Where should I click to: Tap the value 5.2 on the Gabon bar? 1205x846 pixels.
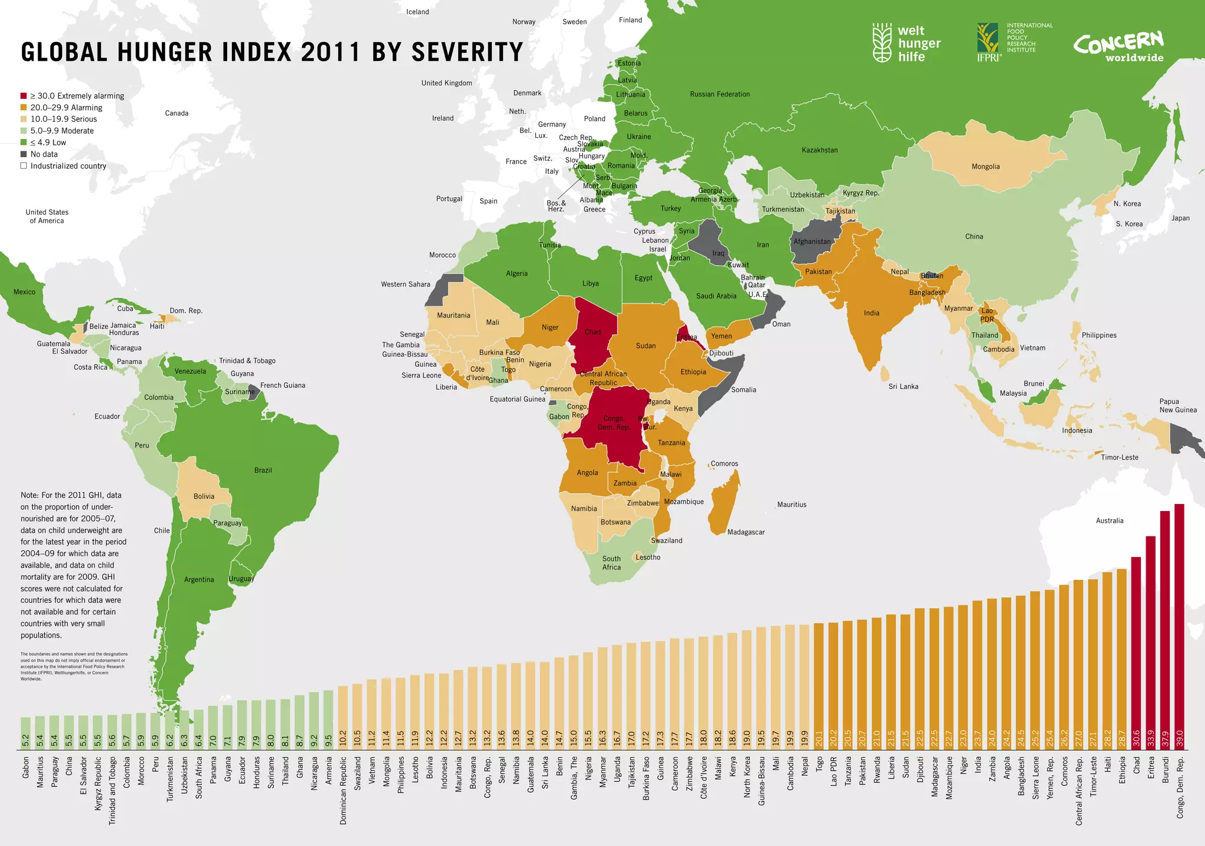[25, 740]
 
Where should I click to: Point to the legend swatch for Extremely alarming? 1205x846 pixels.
[24, 96]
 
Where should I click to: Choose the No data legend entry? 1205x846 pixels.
[44, 154]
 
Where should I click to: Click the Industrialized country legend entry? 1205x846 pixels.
[68, 166]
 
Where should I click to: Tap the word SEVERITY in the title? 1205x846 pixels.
[467, 52]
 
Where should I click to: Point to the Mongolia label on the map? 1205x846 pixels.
[986, 167]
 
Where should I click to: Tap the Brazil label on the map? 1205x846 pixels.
[263, 470]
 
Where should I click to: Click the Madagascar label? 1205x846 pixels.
[745, 532]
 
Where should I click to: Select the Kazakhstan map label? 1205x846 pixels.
[820, 150]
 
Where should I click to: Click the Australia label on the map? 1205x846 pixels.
[1109, 520]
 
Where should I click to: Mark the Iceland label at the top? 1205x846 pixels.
[418, 12]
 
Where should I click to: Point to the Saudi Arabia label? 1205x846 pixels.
[716, 296]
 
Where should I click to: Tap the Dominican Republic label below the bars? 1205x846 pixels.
[344, 789]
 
